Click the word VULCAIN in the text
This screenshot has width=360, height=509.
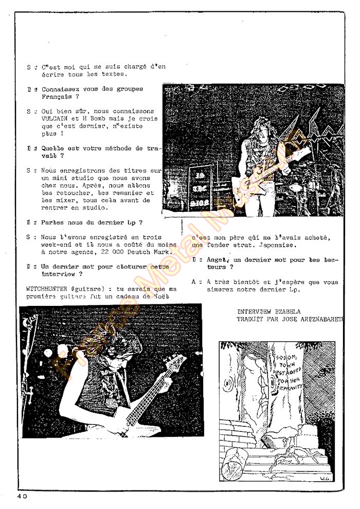[55, 119]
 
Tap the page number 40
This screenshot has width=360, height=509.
[21, 496]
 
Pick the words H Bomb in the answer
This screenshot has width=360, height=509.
[93, 119]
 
